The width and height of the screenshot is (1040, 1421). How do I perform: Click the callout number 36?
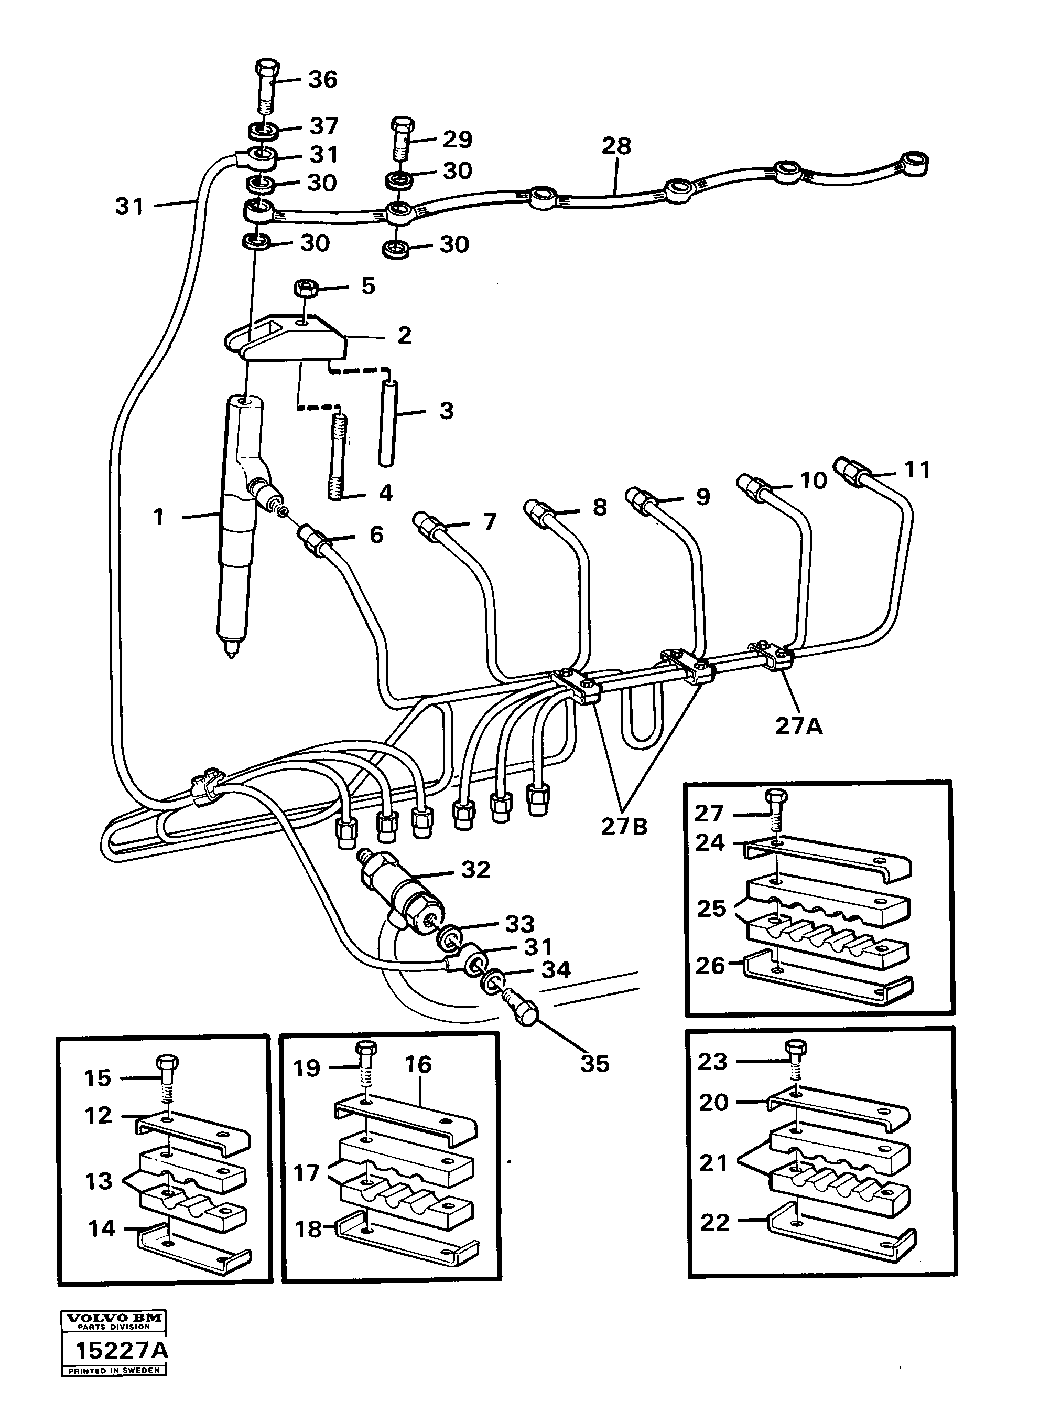coord(322,80)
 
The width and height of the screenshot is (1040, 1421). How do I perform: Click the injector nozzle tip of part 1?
coord(232,653)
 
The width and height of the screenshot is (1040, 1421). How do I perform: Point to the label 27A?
coord(798,726)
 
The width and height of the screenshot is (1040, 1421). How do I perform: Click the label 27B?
coord(623,826)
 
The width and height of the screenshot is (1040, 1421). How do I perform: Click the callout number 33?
coord(519,924)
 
